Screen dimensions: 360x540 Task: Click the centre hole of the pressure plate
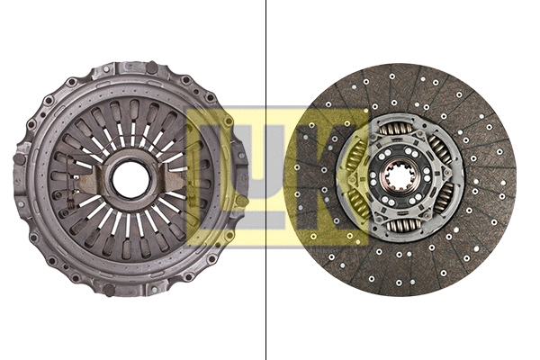tap(131, 179)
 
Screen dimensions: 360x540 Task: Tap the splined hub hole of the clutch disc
tap(399, 176)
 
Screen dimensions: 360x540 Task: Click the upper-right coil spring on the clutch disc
tap(439, 150)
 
